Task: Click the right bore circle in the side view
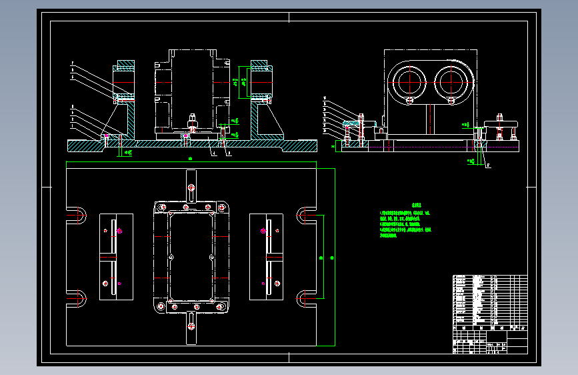451,81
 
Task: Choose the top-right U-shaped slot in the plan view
306,215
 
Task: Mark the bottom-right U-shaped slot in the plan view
306,298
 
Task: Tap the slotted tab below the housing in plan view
191,327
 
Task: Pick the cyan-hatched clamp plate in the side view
351,123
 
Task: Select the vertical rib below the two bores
431,120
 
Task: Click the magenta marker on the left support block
119,232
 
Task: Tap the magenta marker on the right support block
263,231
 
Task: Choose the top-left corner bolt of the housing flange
160,207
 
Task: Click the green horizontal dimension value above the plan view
191,159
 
